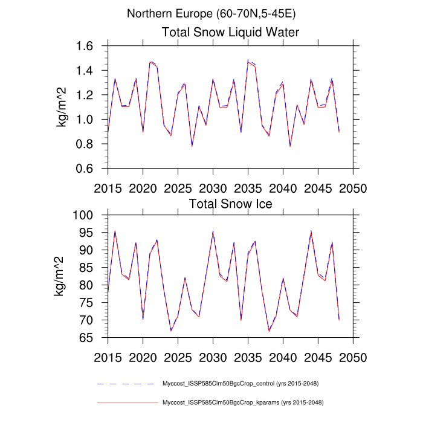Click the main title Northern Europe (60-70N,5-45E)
211,13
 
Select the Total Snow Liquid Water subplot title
231,32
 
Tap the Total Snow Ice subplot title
231,204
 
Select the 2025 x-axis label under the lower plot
178,357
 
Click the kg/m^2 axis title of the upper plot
62,108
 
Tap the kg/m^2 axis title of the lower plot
62,277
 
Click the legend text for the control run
241,384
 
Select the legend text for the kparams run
241,402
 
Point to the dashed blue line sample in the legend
127,384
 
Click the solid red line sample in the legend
127,402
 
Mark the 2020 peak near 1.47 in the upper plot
150,62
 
